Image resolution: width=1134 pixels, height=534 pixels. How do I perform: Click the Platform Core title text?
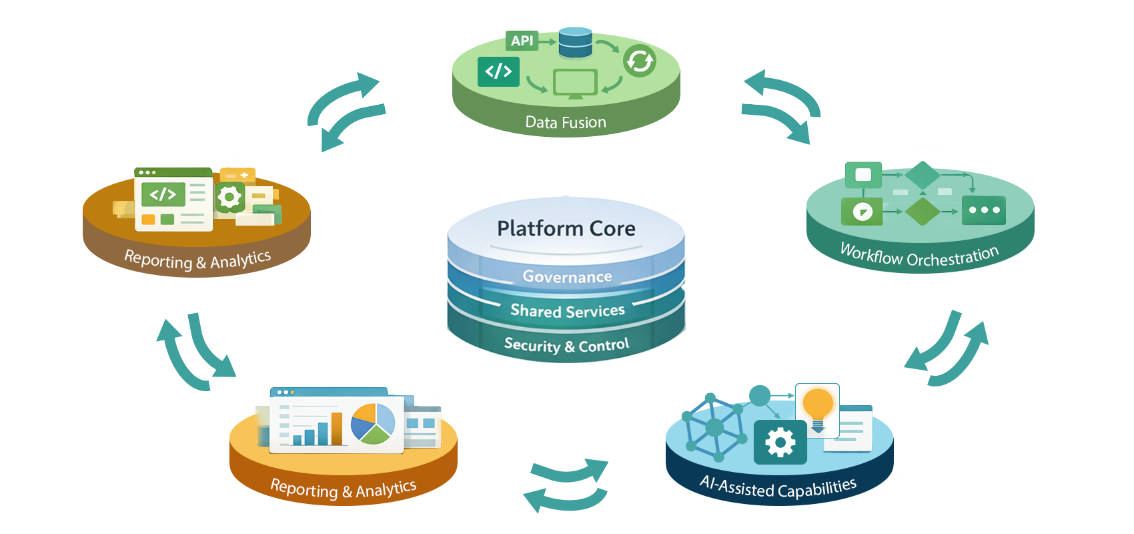[566, 228]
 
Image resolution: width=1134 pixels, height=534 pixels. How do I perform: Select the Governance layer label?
[567, 276]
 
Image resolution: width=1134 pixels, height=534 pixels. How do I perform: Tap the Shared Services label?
[567, 311]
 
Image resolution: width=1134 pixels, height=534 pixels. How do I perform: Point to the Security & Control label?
[566, 345]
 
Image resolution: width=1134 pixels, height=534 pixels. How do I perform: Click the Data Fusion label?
[566, 122]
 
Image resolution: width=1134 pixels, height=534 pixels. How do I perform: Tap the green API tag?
[522, 41]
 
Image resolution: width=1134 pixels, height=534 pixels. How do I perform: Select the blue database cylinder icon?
[575, 42]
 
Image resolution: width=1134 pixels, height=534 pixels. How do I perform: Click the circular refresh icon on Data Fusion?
[639, 61]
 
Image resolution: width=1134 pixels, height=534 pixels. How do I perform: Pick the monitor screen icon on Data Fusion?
[575, 83]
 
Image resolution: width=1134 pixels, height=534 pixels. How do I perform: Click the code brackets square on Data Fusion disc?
[498, 71]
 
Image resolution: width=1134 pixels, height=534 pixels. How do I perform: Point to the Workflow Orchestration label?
[919, 256]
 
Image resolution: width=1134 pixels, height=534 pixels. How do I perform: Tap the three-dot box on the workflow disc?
[984, 210]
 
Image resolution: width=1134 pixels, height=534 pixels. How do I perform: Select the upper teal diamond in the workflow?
[923, 175]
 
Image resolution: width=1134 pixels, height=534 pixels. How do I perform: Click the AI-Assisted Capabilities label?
[778, 488]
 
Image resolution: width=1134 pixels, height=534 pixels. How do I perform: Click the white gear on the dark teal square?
[780, 442]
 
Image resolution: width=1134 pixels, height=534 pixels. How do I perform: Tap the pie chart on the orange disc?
[373, 423]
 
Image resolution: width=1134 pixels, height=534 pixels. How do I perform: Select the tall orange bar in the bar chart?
[337, 429]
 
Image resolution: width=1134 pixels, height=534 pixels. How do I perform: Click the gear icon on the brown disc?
[229, 197]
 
